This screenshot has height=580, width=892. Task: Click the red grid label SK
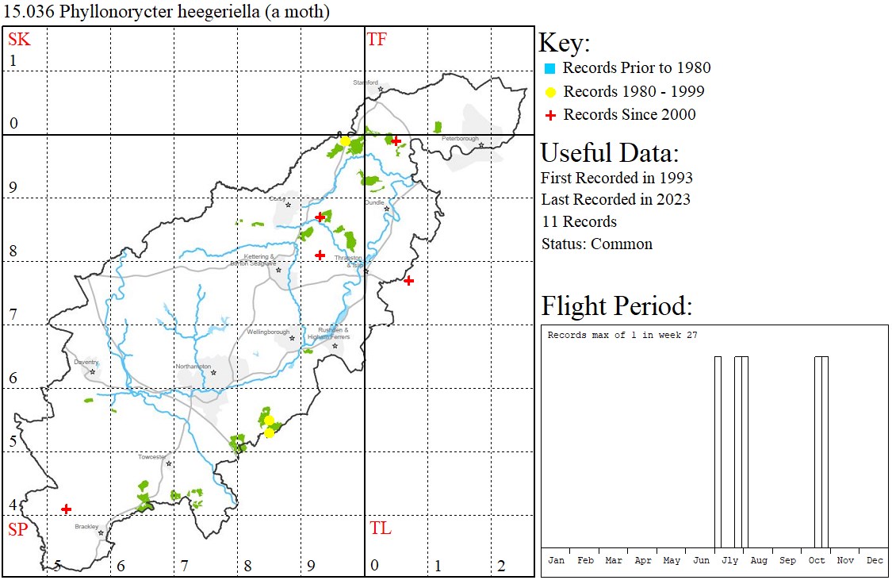(x=19, y=39)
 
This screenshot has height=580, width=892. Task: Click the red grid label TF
(x=377, y=39)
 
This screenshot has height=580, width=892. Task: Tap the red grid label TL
(x=380, y=528)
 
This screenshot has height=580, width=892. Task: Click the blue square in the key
(x=550, y=68)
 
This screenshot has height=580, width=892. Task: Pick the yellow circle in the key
(x=550, y=92)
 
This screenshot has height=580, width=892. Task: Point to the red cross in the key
(x=550, y=116)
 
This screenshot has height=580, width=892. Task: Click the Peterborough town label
(x=461, y=139)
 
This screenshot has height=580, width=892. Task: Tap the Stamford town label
(x=366, y=82)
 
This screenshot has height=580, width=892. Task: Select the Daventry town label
(x=86, y=362)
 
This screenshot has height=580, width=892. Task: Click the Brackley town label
(x=86, y=526)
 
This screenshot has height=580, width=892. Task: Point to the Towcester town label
(x=152, y=457)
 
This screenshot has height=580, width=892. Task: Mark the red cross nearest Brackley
(x=67, y=509)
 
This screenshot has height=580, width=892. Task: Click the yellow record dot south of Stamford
(x=346, y=141)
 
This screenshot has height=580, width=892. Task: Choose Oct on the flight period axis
(x=817, y=560)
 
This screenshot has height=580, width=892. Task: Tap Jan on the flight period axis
(x=557, y=560)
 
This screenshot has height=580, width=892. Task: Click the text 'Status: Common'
(x=597, y=244)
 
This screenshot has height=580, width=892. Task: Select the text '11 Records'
(x=579, y=221)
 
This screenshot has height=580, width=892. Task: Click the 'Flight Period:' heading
(x=617, y=306)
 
